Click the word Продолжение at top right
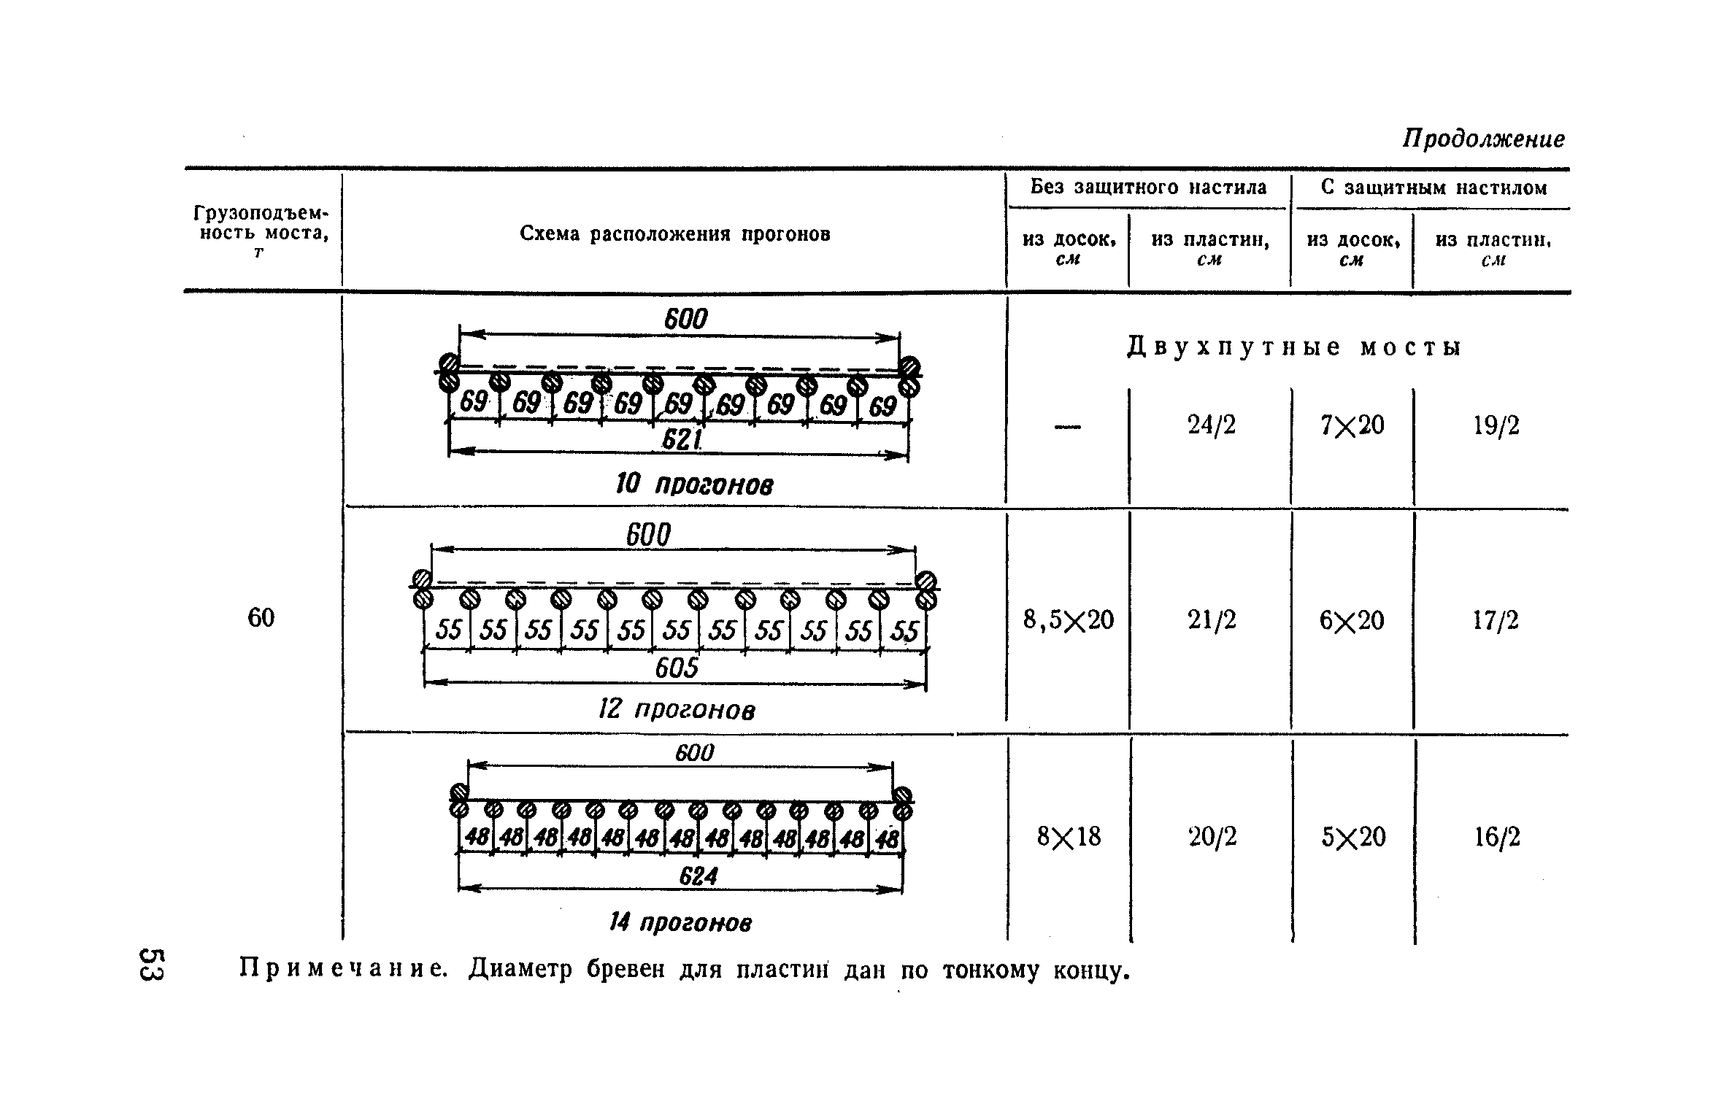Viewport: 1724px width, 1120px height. pos(1483,139)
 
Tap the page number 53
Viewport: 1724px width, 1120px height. pos(153,965)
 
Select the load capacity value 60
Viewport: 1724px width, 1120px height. pos(261,618)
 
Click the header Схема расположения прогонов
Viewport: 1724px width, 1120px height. pos(674,234)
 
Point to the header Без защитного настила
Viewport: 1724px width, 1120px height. pos(1148,188)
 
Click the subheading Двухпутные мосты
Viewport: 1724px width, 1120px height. pos(1294,348)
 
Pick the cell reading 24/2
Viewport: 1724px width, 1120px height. pos(1212,425)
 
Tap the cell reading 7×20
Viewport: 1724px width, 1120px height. pos(1352,425)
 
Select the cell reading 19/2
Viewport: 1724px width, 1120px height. pos(1496,425)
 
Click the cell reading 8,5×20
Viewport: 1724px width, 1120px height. pos(1069,620)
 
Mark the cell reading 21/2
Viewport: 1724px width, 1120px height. pos(1212,620)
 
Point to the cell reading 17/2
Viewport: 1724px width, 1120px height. pos(1496,620)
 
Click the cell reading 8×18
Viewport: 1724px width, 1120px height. pos(1069,837)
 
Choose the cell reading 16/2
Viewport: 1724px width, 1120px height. pos(1497,837)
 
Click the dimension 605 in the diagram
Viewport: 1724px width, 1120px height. pos(677,668)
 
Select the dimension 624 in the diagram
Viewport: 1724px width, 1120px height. pos(698,876)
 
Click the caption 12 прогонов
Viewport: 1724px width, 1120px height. pos(677,710)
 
